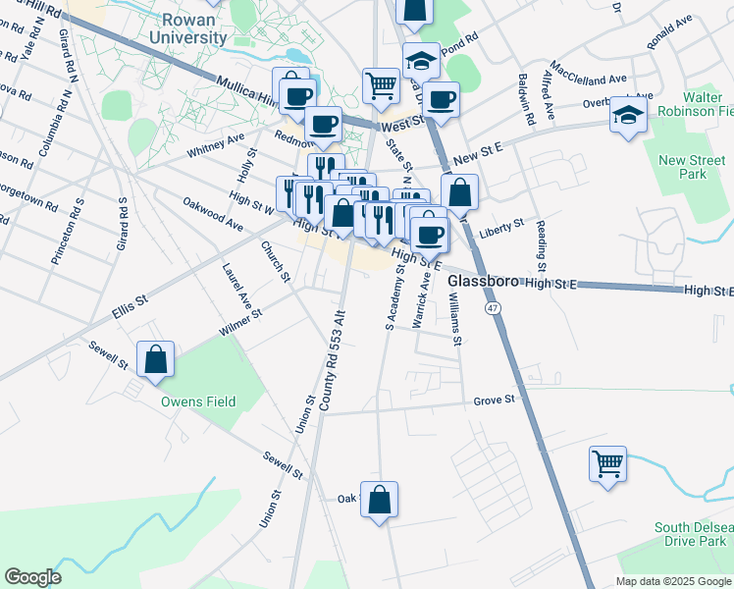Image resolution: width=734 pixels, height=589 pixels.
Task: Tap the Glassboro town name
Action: point(484,282)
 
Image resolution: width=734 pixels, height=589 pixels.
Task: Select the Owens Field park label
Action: point(200,401)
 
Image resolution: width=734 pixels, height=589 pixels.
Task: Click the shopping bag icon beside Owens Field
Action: point(155,360)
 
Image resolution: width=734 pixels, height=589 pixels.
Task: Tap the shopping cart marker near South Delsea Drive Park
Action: point(607,463)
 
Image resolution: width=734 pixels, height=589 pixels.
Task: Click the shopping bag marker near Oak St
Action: point(379,502)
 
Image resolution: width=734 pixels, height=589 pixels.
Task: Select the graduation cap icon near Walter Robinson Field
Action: point(628,117)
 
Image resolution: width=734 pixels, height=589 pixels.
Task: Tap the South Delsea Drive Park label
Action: point(693,535)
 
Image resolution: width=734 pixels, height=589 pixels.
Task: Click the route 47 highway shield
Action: point(492,308)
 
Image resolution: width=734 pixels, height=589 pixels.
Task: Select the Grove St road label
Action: point(494,400)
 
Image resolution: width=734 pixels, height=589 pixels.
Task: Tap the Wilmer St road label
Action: point(241,322)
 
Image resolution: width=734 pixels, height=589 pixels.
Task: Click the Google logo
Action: point(32,577)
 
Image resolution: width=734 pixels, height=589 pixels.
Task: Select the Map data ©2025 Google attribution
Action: point(672,581)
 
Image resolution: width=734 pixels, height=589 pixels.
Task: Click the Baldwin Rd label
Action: point(528,101)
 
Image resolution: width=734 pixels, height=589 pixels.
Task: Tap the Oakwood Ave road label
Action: point(213,215)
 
